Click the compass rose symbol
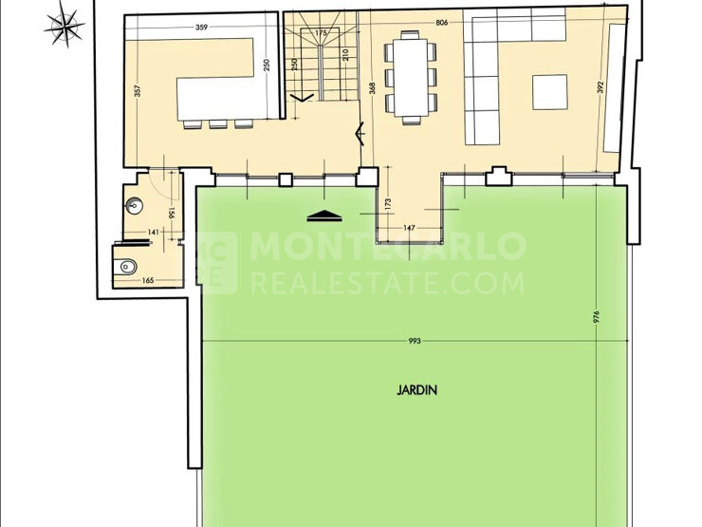tap(65, 26)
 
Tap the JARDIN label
tap(416, 390)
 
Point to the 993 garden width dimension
tap(415, 341)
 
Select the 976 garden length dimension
tap(596, 317)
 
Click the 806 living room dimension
tap(441, 23)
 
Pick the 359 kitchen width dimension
tap(201, 28)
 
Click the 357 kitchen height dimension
tap(138, 91)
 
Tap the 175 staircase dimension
tap(321, 32)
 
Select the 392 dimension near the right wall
tap(600, 87)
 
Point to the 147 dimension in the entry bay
tap(409, 228)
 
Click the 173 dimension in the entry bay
tap(388, 204)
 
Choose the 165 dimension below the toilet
tap(148, 280)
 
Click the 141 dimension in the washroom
tap(153, 232)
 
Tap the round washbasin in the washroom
tap(135, 206)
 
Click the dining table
tap(411, 78)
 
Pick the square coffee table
tap(550, 92)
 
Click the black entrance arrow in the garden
tap(324, 216)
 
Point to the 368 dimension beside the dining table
tap(373, 87)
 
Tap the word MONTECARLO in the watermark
tap(388, 245)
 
